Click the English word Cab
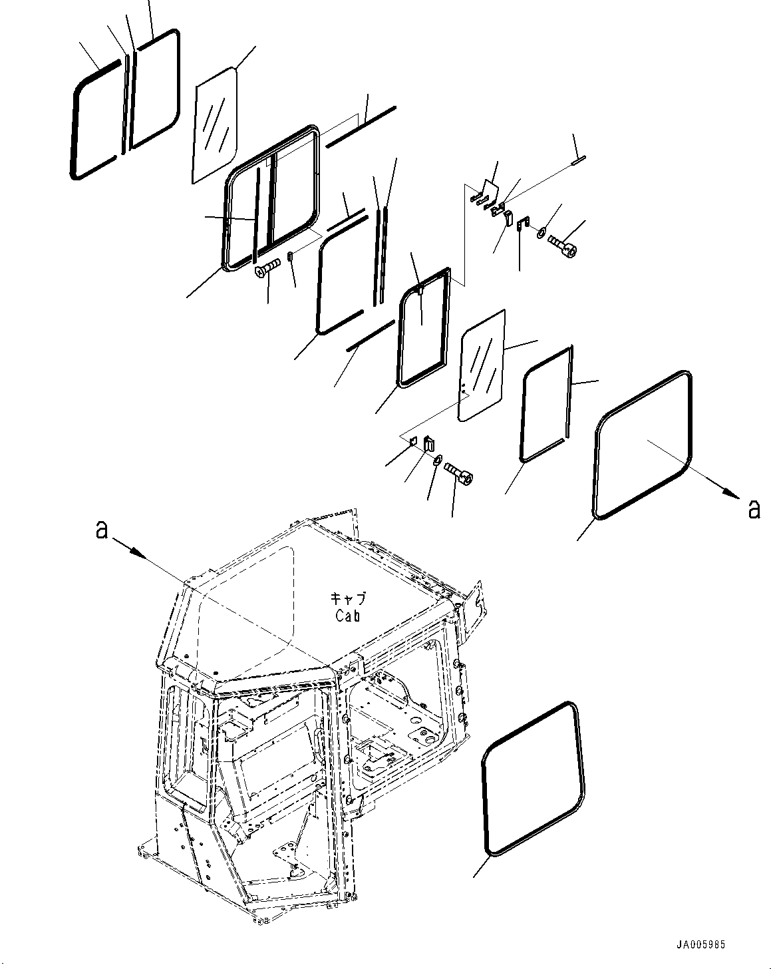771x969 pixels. (347, 616)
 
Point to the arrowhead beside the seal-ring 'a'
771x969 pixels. (730, 493)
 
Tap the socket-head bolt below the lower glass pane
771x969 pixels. (458, 473)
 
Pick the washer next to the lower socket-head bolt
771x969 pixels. (438, 461)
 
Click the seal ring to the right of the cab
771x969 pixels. (533, 777)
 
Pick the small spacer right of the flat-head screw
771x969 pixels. (290, 256)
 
